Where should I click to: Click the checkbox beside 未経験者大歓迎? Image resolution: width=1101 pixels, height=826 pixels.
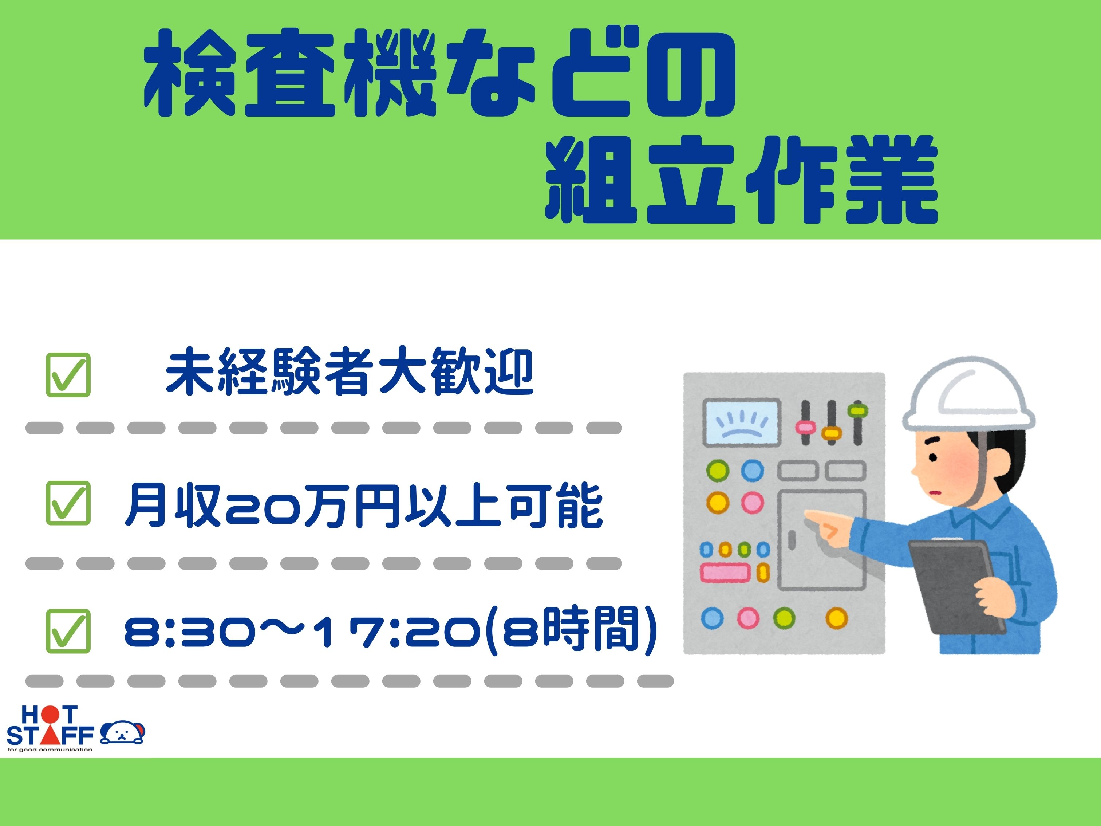tap(68, 374)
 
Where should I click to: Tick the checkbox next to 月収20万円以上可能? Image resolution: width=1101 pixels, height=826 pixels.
tap(68, 503)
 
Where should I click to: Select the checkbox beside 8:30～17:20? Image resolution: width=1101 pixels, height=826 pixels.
tap(68, 631)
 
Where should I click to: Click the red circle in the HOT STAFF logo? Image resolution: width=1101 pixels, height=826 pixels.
tap(50, 715)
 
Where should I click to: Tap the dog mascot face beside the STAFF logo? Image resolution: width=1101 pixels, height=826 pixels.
tap(122, 732)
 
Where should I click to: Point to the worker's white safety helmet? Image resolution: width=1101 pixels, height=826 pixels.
tap(968, 394)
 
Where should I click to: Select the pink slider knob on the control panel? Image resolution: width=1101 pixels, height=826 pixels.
tap(805, 427)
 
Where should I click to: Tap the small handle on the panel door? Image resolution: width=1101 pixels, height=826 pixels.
tap(792, 540)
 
